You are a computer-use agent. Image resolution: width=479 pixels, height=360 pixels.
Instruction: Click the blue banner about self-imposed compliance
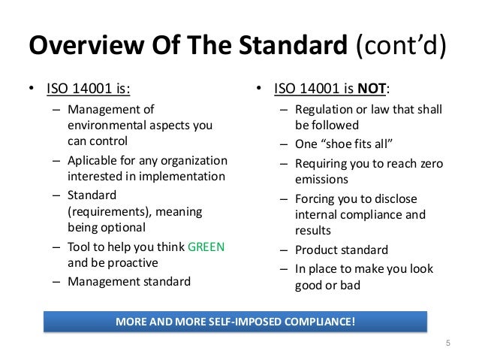click(x=235, y=322)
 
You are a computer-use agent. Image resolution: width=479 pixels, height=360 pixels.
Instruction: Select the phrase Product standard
click(x=342, y=250)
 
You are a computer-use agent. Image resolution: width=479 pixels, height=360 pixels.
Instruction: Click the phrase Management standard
click(x=128, y=283)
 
